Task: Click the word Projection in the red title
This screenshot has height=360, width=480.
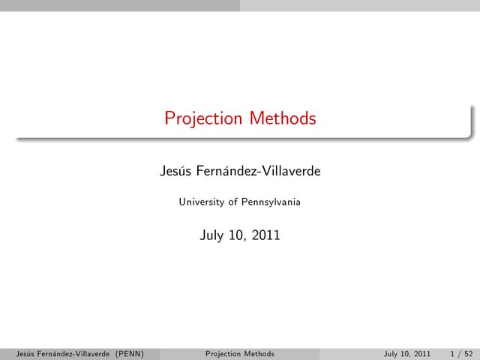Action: coord(204,118)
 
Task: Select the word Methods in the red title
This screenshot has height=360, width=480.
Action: coord(283,118)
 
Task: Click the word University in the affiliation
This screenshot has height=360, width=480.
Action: coord(202,202)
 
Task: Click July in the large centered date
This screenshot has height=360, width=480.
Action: coord(213,235)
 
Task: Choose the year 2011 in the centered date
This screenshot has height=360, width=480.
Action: coord(265,235)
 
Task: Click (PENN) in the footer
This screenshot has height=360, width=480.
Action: coord(129,354)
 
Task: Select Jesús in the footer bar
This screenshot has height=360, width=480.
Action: coord(14,354)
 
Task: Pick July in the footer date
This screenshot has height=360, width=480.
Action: coord(391,354)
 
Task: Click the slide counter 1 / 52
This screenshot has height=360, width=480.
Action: coord(461,354)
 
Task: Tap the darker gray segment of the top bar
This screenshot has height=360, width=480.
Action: coord(120,4)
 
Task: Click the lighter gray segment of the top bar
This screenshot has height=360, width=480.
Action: coord(360,4)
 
